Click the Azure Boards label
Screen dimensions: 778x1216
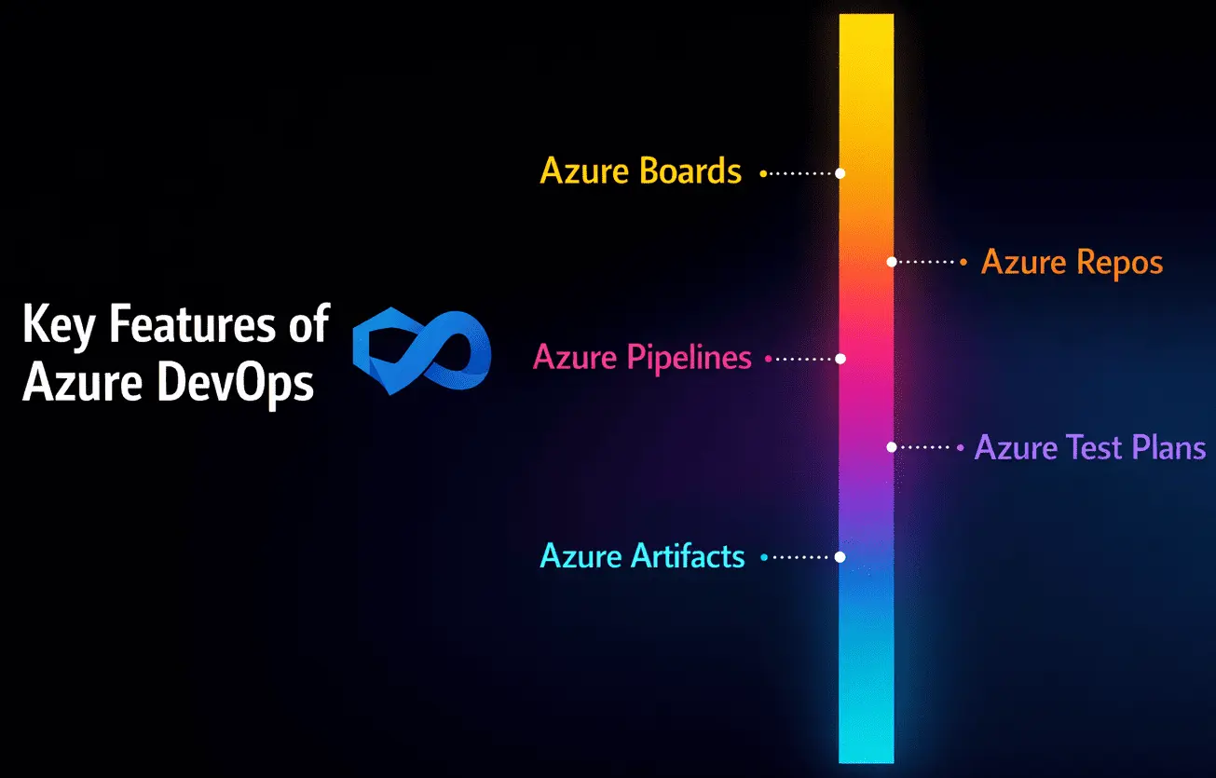pos(641,172)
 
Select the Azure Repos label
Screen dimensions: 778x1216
pos(1073,263)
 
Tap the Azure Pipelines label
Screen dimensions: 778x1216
pos(642,358)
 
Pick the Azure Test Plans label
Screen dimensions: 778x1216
pos(1090,448)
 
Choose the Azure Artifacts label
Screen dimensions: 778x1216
pos(643,556)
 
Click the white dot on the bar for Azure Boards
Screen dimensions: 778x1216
pos(840,173)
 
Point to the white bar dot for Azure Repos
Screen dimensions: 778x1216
pos(892,263)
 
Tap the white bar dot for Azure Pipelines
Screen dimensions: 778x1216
pos(840,358)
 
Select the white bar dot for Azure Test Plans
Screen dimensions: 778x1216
pos(892,447)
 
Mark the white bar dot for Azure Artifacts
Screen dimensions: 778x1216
pos(840,556)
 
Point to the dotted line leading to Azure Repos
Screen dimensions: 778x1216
pos(926,263)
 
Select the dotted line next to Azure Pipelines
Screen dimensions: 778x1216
pos(804,358)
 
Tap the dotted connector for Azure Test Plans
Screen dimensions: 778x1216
pos(924,447)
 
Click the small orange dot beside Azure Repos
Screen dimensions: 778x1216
pos(963,263)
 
